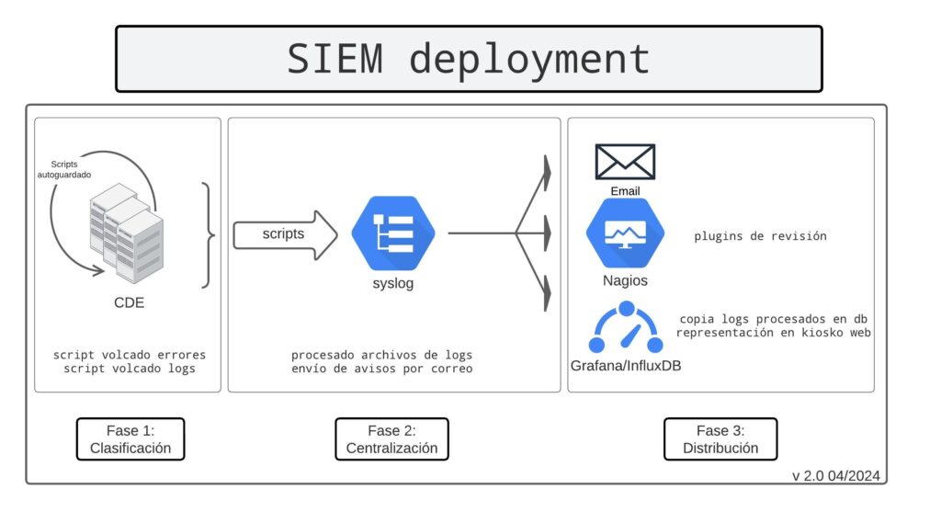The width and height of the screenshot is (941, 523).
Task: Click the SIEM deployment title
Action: [469, 59]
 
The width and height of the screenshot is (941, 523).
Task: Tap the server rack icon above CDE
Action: [127, 235]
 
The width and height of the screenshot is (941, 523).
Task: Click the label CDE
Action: [129, 302]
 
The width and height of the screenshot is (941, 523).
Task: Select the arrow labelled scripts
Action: [286, 234]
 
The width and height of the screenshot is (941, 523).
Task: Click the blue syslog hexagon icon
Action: [393, 233]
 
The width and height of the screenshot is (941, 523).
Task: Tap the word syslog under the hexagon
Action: [392, 283]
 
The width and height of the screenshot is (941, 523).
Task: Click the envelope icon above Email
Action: [625, 163]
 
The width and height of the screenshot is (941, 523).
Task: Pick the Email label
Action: [625, 191]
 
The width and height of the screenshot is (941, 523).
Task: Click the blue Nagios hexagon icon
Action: [625, 233]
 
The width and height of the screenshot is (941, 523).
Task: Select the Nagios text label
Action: [625, 280]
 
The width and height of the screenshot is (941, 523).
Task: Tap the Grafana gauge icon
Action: [626, 329]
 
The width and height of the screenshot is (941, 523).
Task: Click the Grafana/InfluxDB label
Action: [626, 366]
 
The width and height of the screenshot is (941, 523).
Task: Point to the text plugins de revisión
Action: [760, 236]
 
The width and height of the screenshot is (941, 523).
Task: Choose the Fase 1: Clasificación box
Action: [130, 439]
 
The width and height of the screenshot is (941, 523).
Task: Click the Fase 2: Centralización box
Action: [391, 439]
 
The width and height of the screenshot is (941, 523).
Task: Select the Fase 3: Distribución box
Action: [720, 439]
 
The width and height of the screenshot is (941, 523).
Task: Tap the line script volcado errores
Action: [130, 355]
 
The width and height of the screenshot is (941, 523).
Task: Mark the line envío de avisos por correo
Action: [381, 369]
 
